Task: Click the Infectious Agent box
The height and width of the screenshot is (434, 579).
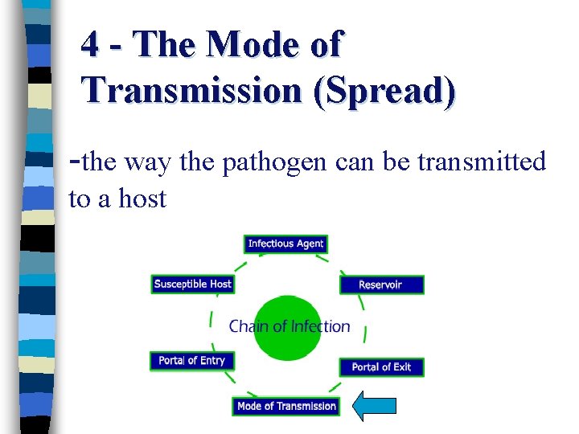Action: click(x=285, y=244)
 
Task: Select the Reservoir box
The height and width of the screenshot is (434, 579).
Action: click(x=380, y=285)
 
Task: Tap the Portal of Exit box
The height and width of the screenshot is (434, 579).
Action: click(x=380, y=366)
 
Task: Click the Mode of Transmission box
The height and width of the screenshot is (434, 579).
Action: click(x=286, y=406)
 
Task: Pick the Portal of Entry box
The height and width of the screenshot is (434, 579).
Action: click(x=192, y=361)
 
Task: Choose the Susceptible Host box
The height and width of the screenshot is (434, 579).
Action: click(x=192, y=284)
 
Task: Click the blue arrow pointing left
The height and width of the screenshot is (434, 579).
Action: click(x=375, y=406)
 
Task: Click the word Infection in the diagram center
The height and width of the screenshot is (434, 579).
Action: click(x=320, y=326)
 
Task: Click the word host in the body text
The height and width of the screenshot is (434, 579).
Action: click(x=142, y=198)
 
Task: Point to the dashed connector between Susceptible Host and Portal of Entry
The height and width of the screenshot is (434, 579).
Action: click(x=211, y=321)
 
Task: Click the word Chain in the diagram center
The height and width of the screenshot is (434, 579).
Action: click(x=248, y=326)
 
